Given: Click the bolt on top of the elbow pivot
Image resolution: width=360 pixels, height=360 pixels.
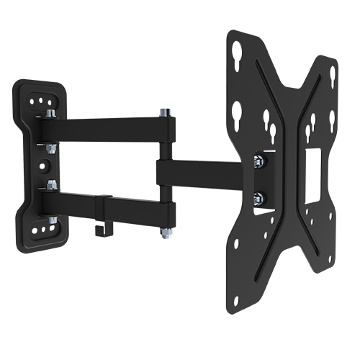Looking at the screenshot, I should tap(165, 113).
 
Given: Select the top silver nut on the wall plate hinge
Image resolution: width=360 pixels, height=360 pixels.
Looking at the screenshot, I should tap(50, 113).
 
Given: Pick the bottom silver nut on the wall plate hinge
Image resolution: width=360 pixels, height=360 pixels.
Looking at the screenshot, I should tap(52, 219).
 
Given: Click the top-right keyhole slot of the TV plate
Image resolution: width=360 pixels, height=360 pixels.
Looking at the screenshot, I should tap(333, 75).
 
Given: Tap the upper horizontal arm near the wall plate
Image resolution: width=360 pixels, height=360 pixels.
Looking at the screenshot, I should tap(101, 130).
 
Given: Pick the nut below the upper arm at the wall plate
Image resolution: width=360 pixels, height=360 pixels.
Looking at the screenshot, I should tap(50, 148).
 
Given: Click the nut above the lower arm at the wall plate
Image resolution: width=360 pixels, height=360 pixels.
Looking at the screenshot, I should tap(50, 184).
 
